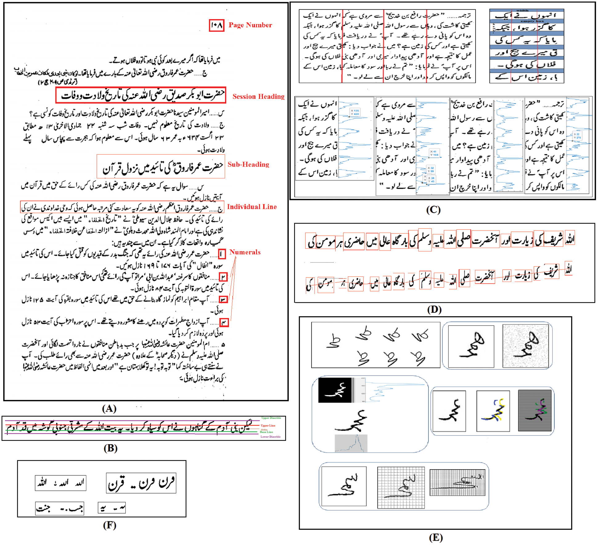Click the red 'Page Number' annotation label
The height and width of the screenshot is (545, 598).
coord(250,25)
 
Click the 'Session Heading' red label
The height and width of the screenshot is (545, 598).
coord(258,96)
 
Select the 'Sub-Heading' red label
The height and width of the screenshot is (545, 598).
coord(248,164)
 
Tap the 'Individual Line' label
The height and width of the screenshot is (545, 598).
coord(252,207)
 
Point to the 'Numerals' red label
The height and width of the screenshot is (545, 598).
coord(245,252)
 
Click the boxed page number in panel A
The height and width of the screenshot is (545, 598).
coord(216,25)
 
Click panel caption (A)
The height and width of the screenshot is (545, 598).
coord(109,409)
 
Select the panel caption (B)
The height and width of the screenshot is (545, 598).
coord(110,448)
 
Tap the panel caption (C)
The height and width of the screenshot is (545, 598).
coord(433,209)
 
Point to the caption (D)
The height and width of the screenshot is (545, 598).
coord(434,309)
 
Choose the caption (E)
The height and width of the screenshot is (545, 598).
coord(436,537)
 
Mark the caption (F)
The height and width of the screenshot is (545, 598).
coord(109,525)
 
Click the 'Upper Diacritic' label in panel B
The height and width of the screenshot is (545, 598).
coord(271,418)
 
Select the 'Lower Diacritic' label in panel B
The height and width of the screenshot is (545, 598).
coord(270,437)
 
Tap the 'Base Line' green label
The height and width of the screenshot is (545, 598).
coord(266,432)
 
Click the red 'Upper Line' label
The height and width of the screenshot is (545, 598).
coord(268,425)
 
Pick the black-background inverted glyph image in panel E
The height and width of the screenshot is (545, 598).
coord(335,390)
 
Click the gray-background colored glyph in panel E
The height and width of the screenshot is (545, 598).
coord(535,410)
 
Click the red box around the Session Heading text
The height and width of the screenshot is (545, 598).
coord(141,95)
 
